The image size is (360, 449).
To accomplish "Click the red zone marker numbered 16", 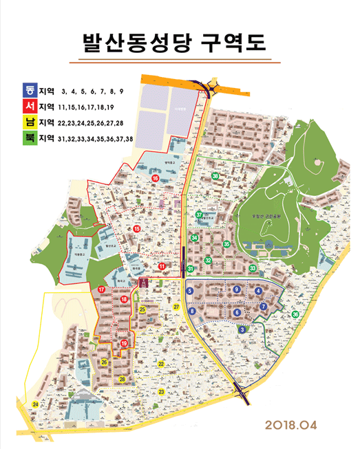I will point(156,178).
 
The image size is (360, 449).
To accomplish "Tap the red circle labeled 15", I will point(137,229).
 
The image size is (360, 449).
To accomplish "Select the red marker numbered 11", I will point(162,266).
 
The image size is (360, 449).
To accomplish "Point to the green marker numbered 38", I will point(215,177).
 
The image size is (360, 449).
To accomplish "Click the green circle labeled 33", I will point(253,268).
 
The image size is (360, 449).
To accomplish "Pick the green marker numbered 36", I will point(295,314).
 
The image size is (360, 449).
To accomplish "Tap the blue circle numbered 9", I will point(237,290).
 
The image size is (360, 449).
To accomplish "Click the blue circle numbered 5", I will point(189,292).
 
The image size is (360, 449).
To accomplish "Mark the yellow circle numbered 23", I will point(161,391).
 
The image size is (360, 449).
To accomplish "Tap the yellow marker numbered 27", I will point(176,307).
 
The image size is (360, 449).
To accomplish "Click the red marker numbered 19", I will point(124,343).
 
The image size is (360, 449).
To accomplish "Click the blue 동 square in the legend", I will point(30,89).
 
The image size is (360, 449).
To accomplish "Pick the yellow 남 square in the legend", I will point(30,122).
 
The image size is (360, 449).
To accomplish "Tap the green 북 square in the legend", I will point(30,139).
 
